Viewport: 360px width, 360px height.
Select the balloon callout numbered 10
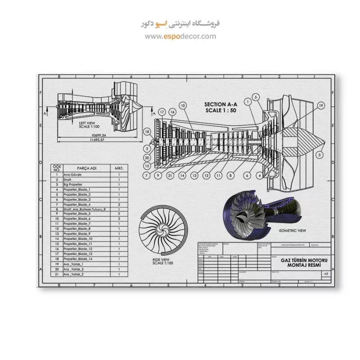pos(183,105)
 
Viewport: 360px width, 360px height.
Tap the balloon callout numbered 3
pos(319,154)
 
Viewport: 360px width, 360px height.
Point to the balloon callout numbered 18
pos(147,131)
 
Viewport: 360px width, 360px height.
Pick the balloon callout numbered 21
pos(170,175)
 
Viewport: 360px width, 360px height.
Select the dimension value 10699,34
pos(98,135)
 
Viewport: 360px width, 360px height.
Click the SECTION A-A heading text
pos(220,104)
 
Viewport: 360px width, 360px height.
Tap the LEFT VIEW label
pos(87,123)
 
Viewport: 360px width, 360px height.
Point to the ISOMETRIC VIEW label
pos(292,230)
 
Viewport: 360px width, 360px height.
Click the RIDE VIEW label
pos(161,260)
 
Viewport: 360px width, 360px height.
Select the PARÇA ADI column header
pos(87,168)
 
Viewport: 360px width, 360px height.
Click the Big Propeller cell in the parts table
pos(73,184)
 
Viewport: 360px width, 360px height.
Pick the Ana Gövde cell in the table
pos(72,175)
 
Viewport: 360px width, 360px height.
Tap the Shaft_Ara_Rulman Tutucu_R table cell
pos(84,209)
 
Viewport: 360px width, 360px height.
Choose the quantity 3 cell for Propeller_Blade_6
pos(119,219)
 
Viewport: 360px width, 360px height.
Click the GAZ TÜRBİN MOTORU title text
pos(304,261)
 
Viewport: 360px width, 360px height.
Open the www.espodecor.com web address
pos(180,36)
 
